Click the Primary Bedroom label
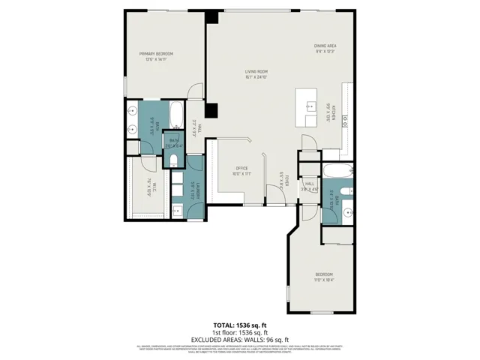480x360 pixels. click(x=156, y=57)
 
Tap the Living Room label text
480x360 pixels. click(x=256, y=74)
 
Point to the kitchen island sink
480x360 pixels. click(x=310, y=107)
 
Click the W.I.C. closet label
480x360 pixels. click(x=150, y=193)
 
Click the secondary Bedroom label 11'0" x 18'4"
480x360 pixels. click(x=324, y=276)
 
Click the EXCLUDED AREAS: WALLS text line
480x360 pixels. click(x=240, y=337)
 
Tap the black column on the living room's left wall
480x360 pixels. click(x=213, y=110)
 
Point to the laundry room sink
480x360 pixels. click(x=177, y=209)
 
